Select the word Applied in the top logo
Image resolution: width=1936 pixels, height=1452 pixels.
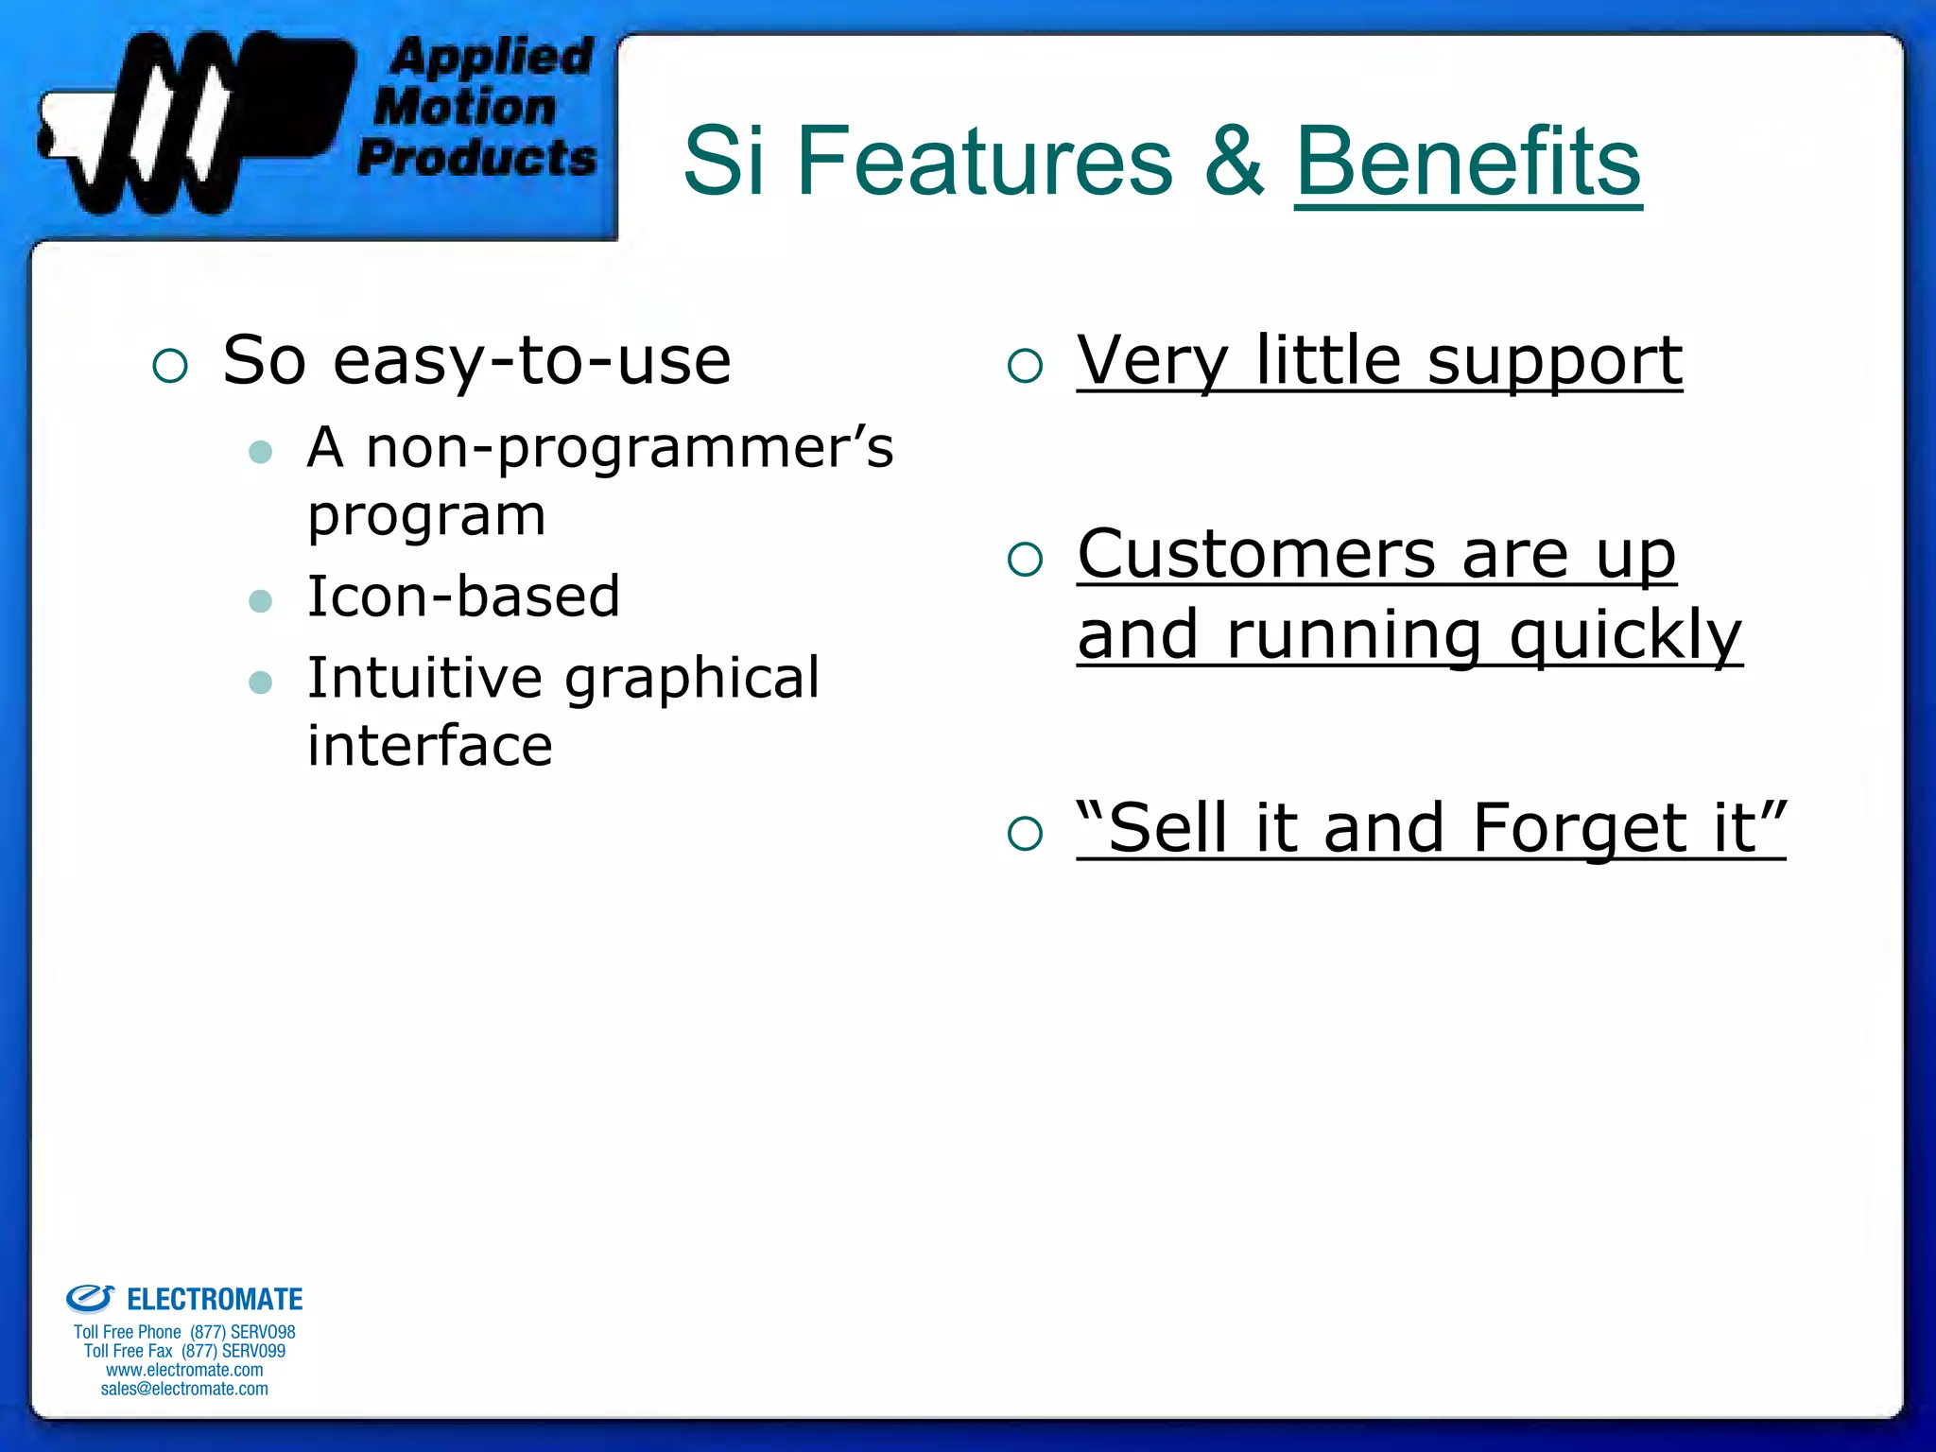click(x=491, y=57)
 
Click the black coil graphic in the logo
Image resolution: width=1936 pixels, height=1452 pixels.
click(x=189, y=123)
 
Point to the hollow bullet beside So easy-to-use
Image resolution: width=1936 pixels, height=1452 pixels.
click(x=170, y=366)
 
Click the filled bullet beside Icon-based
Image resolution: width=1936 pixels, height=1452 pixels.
click(x=260, y=601)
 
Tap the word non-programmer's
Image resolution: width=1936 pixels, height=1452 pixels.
click(x=629, y=447)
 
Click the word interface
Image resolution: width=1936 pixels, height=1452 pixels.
click(x=430, y=746)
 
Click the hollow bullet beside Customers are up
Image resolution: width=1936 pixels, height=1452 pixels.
click(x=1025, y=560)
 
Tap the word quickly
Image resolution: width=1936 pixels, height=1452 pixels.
click(x=1625, y=635)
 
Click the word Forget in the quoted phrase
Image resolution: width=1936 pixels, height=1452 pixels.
click(x=1579, y=828)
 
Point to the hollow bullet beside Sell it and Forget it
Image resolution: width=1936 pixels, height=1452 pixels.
click(x=1025, y=834)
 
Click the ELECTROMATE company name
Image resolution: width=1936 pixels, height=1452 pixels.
click(x=215, y=1300)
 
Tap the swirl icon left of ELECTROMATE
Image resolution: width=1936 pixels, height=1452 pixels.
click(x=90, y=1299)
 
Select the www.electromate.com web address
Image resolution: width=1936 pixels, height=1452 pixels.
click(x=184, y=1370)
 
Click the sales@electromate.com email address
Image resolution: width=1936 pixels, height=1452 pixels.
click(x=184, y=1389)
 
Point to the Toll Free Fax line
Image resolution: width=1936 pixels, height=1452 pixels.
click(x=184, y=1351)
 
